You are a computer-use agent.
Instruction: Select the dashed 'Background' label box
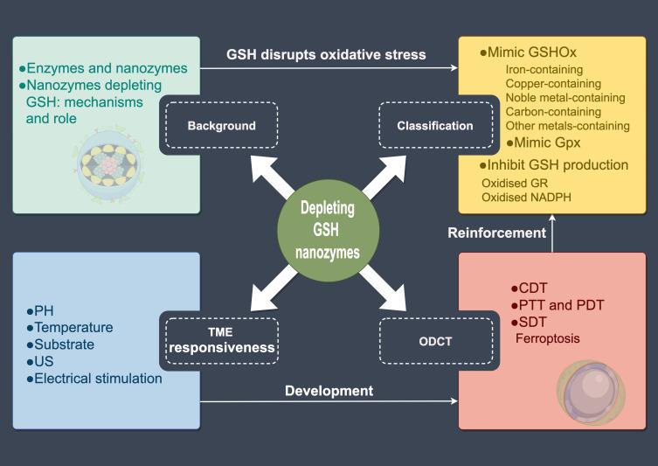point(221,126)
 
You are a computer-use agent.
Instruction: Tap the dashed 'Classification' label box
point(434,126)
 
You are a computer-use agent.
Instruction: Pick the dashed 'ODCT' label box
point(434,340)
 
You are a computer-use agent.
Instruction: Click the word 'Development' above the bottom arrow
point(329,391)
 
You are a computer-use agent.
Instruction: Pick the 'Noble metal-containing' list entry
point(565,98)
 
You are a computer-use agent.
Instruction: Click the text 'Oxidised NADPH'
point(528,197)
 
